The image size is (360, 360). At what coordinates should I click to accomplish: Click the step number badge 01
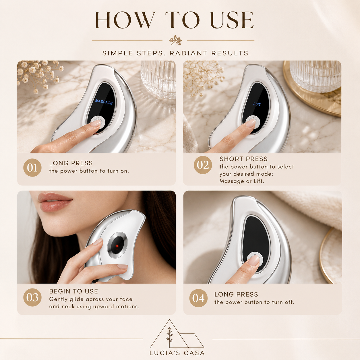click(32, 168)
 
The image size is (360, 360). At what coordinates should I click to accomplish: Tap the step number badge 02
click(203, 165)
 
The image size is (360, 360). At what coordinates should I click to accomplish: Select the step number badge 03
click(32, 297)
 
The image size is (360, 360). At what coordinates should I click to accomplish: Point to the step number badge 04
click(198, 298)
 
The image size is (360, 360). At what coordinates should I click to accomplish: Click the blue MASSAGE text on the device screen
click(104, 102)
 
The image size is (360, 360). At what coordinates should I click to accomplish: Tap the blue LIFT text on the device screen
click(257, 104)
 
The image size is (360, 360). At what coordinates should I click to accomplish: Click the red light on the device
click(117, 246)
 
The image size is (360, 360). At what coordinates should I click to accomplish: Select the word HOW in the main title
click(125, 20)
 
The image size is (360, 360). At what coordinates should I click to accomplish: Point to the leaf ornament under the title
click(175, 40)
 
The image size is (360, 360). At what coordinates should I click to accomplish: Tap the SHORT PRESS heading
click(243, 159)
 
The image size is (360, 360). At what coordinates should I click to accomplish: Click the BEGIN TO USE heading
click(73, 291)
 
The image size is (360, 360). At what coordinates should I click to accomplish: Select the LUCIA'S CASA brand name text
click(177, 353)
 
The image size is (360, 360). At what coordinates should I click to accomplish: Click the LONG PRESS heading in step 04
click(236, 294)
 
